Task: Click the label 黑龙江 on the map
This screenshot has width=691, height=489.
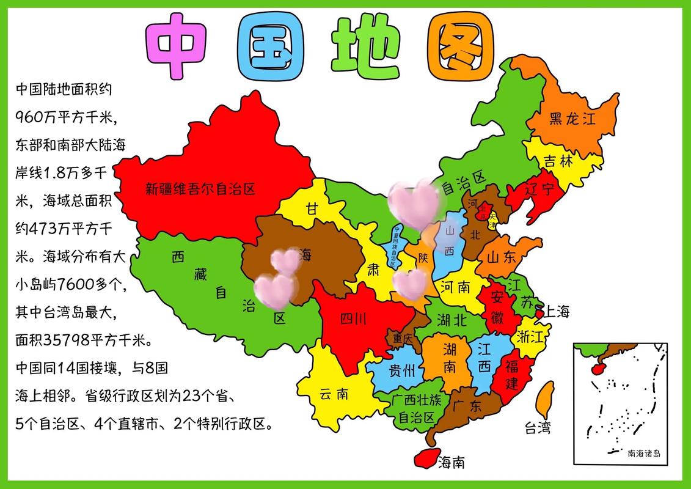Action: [572, 119]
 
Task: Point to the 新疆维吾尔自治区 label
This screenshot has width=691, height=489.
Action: [200, 189]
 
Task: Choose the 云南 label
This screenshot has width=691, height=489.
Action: [334, 394]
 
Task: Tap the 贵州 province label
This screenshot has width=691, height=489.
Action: [402, 371]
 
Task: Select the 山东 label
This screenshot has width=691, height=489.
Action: [502, 257]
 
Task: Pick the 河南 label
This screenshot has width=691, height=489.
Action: [455, 286]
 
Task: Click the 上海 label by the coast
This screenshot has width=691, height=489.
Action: [557, 312]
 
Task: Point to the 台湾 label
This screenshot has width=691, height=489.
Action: [537, 428]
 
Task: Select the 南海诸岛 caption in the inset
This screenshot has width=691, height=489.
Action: [643, 454]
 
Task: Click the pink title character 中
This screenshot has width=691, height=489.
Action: [177, 46]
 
